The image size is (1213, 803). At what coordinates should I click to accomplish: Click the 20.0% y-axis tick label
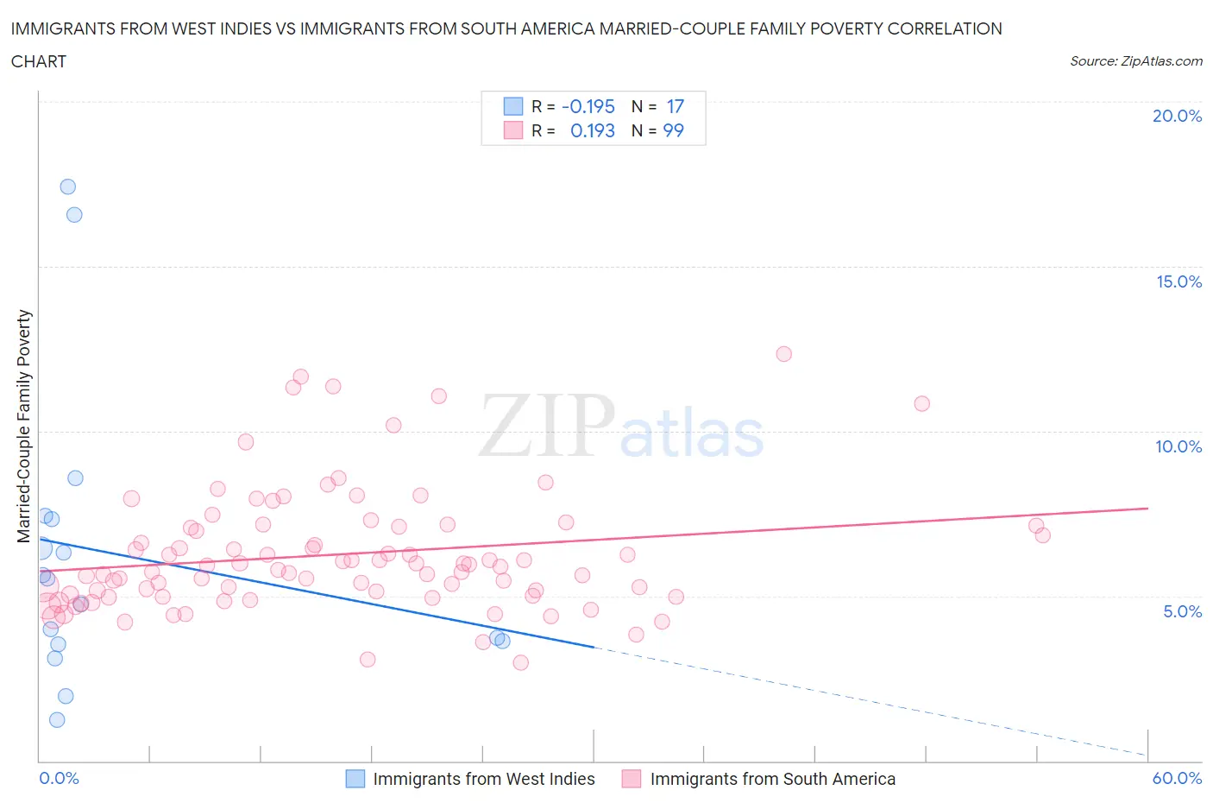pos(1177,116)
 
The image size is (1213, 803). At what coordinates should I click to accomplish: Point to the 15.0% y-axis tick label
pos(1178,281)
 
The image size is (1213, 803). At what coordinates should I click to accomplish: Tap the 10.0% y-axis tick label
pos(1178,446)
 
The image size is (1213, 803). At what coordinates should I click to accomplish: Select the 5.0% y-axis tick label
pos(1182,611)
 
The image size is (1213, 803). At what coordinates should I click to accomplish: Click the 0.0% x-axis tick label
pos(59,778)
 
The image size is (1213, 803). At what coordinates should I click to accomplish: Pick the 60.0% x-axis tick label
pos(1177,778)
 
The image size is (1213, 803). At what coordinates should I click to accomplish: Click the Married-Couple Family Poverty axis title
pos(24,427)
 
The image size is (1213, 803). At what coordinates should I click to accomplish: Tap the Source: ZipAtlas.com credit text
pos(1135,60)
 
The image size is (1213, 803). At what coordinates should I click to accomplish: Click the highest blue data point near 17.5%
pos(67,187)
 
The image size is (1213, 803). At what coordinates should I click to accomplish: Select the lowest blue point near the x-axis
pos(57,719)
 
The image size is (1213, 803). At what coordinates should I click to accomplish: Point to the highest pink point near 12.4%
pos(783,353)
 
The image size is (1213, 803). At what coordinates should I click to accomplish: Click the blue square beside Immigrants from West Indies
pos(355,779)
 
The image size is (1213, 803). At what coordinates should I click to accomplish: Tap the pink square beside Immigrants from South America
pos(632,779)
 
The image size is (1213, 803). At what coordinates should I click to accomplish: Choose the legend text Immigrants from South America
pos(772,779)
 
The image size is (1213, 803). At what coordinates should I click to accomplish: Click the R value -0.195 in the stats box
pos(588,106)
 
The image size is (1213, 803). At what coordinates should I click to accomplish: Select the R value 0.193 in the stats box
pos(592,130)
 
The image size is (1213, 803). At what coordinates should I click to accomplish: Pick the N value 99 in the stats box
pos(673,130)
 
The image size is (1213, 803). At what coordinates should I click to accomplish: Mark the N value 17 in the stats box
pos(675,106)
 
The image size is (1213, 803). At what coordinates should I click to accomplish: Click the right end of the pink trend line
pos(1147,509)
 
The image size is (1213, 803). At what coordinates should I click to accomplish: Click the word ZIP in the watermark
pos(546,426)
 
